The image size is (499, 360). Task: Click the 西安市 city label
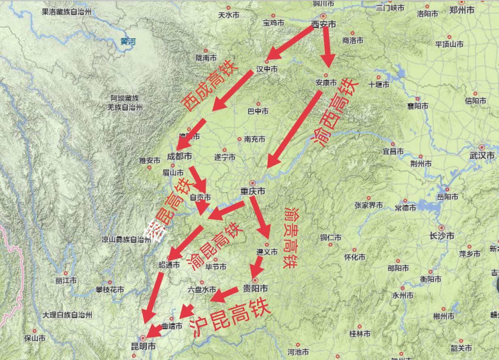pyautogui.click(x=323, y=24)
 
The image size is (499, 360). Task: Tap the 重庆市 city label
pyautogui.click(x=252, y=191)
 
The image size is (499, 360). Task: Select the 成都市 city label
pyautogui.click(x=179, y=156)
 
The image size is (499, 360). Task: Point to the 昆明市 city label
pyautogui.click(x=143, y=346)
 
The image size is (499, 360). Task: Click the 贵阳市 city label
pyautogui.click(x=255, y=289)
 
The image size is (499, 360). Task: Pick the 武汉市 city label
pyautogui.click(x=482, y=155)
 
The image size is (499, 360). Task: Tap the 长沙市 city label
pyautogui.click(x=442, y=235)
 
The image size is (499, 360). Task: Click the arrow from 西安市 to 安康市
pyautogui.click(x=327, y=47)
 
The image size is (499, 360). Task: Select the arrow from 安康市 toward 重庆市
pyautogui.click(x=294, y=129)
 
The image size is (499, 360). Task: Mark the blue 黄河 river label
pyautogui.click(x=128, y=41)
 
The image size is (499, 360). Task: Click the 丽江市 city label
pyautogui.click(x=66, y=280)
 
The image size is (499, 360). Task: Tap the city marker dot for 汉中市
pyautogui.click(x=267, y=62)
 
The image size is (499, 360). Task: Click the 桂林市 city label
pyautogui.click(x=360, y=334)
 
